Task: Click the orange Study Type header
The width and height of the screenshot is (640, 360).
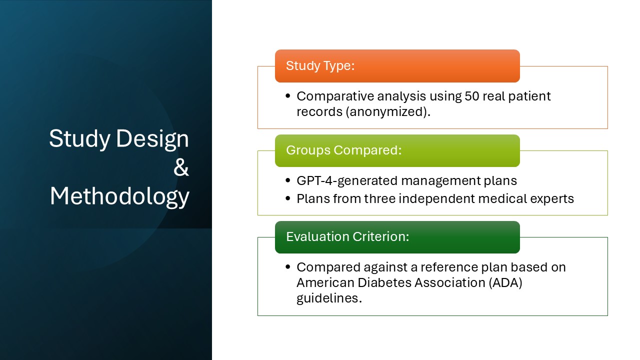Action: click(397, 66)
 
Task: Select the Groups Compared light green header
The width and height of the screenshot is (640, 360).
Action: click(397, 150)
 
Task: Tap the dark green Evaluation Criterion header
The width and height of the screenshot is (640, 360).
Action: click(397, 237)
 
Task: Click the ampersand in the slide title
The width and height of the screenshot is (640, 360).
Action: click(181, 168)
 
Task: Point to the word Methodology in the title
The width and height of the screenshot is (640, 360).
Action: click(119, 196)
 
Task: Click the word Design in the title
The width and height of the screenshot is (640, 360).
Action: click(152, 139)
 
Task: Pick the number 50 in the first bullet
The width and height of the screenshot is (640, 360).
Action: click(472, 96)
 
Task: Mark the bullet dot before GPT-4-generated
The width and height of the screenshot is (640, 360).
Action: click(287, 181)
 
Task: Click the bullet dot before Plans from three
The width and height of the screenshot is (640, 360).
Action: click(287, 199)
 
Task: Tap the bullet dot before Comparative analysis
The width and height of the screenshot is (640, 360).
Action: click(287, 96)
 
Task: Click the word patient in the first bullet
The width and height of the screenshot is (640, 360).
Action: click(531, 96)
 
